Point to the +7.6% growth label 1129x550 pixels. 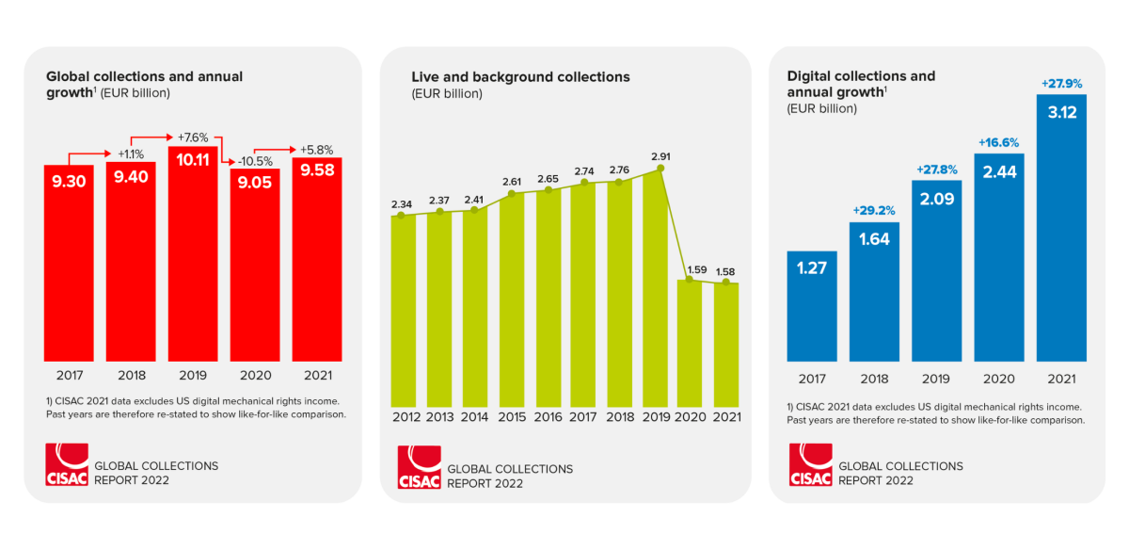193,137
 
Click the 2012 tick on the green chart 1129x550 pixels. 405,417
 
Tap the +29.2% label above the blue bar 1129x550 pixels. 874,210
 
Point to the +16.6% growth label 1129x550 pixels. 998,142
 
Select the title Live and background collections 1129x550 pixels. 520,76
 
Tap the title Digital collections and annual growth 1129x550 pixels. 861,84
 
